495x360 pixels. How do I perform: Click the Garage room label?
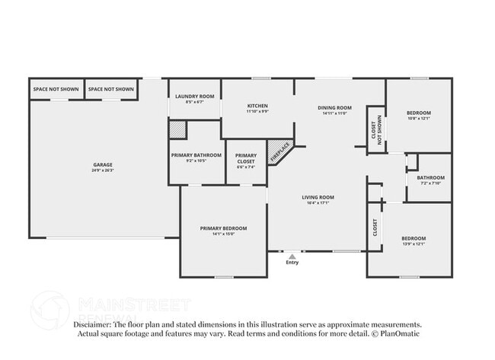tap(103, 164)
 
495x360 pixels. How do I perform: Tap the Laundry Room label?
tap(195, 97)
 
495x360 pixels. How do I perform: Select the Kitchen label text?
tap(257, 106)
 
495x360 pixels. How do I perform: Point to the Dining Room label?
tap(334, 107)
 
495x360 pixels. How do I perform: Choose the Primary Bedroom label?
tap(223, 228)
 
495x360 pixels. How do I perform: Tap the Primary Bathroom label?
tap(196, 155)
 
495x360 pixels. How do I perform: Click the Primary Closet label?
tap(245, 158)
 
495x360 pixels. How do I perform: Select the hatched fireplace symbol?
tap(279, 149)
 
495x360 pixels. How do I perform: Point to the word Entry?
tap(292, 263)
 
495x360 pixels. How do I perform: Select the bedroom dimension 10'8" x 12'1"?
tap(418, 118)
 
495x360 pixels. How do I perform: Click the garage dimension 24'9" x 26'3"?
tap(103, 170)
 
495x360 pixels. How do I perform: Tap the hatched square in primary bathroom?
tap(177, 130)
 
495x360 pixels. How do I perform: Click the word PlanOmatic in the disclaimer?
tap(399, 333)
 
